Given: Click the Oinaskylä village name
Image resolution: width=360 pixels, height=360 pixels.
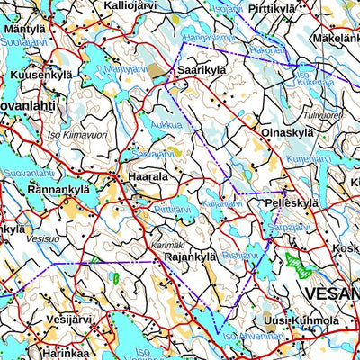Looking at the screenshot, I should point(287,134).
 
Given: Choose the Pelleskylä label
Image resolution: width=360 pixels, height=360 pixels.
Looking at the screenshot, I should point(292,204).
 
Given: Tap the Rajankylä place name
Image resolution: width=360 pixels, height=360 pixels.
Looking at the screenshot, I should point(191,257).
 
